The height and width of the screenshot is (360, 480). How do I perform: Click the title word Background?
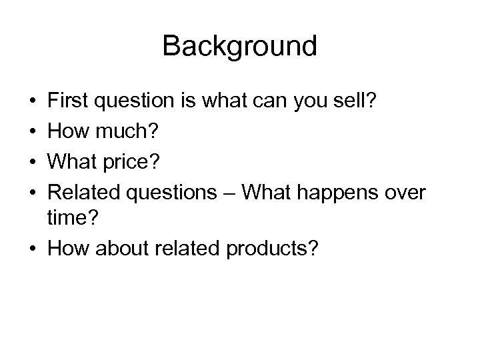coord(239,47)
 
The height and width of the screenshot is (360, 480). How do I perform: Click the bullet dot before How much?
coord(33,131)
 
